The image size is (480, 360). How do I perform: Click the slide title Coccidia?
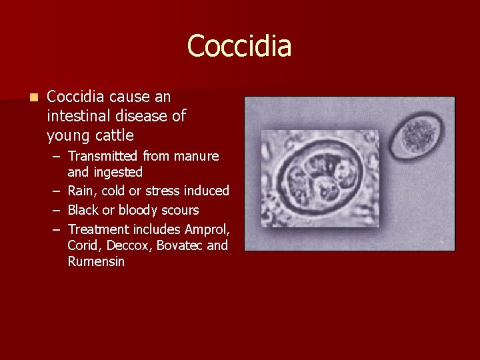[x=239, y=46]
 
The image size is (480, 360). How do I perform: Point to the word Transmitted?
[x=103, y=156]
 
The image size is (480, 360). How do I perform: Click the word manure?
[x=196, y=156]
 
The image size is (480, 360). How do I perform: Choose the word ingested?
[x=117, y=172]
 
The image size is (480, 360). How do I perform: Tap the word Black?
[x=83, y=210]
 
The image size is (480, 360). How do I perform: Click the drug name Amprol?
[x=207, y=229]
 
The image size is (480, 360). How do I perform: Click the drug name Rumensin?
[x=96, y=261]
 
